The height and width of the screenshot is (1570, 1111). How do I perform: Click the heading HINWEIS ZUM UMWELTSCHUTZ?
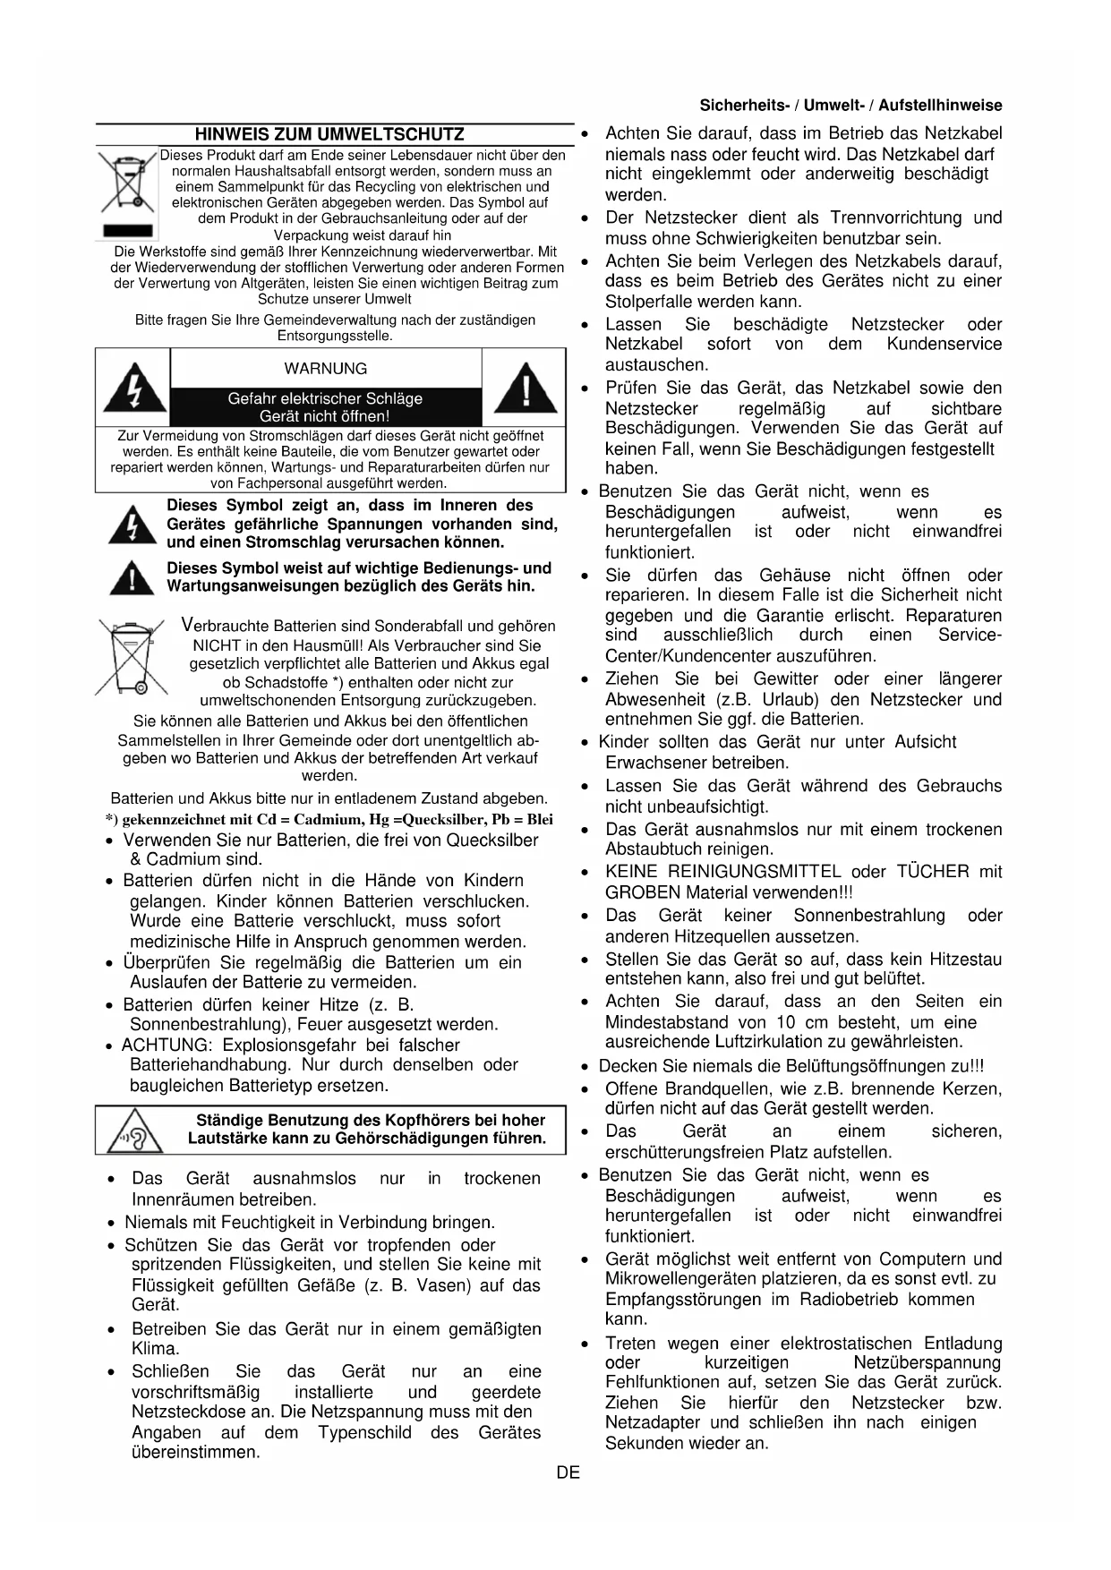(x=329, y=135)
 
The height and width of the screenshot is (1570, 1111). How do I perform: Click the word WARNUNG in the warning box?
(x=325, y=369)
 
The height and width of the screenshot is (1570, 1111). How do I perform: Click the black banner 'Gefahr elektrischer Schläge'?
(x=325, y=407)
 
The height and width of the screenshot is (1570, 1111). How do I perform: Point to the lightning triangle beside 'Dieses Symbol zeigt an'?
(x=132, y=525)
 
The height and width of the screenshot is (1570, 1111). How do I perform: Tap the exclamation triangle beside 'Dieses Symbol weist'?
(x=132, y=578)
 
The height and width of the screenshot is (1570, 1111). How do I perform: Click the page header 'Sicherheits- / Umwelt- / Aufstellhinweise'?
(x=850, y=106)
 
